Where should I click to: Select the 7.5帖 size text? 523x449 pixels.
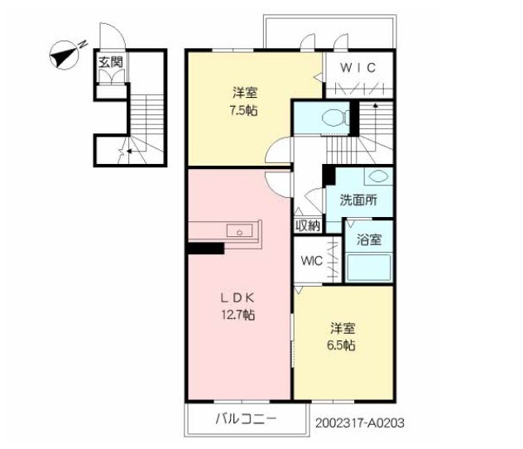coord(243,109)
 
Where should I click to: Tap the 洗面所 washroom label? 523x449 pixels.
coord(359,200)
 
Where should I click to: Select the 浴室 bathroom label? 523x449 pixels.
coord(368,240)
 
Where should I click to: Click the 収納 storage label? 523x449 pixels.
coord(308,225)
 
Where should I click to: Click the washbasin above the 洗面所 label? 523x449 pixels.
coord(376,176)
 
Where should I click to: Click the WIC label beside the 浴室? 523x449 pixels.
coord(311,261)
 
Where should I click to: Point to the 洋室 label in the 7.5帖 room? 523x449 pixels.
coord(243,91)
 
